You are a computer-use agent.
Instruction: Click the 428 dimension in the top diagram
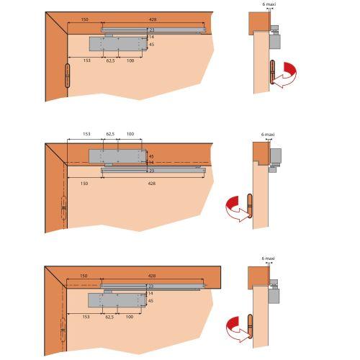click(x=153, y=19)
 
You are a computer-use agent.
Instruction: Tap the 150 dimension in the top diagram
click(x=84, y=19)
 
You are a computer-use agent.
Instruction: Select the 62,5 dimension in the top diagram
click(x=110, y=60)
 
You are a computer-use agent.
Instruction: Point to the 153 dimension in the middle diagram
click(x=86, y=134)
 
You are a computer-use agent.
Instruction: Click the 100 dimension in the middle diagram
click(x=130, y=134)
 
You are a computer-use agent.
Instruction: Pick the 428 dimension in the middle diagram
click(x=152, y=184)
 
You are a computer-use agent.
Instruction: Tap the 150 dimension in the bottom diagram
click(x=84, y=276)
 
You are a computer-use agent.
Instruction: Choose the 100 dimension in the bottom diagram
click(x=130, y=317)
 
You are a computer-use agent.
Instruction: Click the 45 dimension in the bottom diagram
click(x=150, y=301)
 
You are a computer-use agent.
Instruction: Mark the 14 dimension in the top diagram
click(x=151, y=37)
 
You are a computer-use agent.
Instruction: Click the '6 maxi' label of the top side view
click(x=269, y=4)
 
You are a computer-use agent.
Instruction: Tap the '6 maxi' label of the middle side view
click(x=268, y=135)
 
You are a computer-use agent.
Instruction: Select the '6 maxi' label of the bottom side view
click(x=268, y=258)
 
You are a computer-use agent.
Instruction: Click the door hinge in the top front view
click(x=68, y=76)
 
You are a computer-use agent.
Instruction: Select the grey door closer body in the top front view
click(x=118, y=44)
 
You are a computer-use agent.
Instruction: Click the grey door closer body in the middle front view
click(x=118, y=156)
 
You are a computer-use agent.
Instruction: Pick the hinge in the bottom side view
click(x=251, y=326)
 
